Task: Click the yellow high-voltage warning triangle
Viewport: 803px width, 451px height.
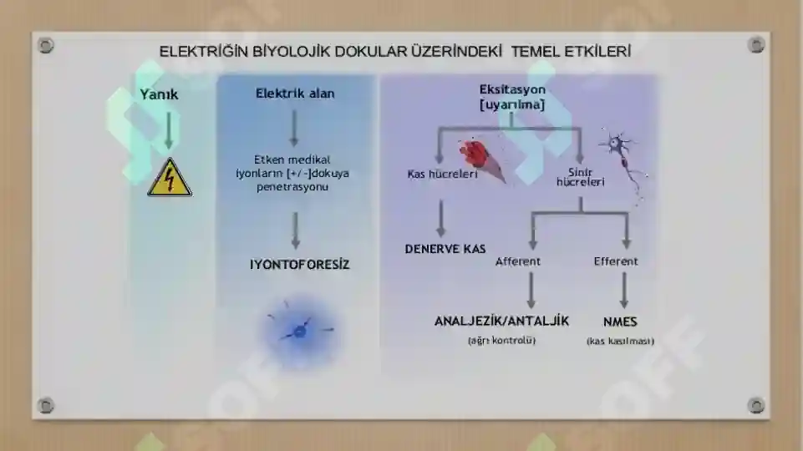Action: pyautogui.click(x=170, y=178)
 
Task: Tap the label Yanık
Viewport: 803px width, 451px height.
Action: pyautogui.click(x=160, y=94)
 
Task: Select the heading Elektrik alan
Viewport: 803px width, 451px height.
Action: pyautogui.click(x=295, y=94)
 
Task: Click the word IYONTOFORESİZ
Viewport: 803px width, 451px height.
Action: pyautogui.click(x=300, y=264)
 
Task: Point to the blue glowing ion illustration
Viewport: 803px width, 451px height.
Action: pyautogui.click(x=300, y=331)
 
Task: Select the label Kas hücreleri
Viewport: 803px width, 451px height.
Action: pyautogui.click(x=443, y=174)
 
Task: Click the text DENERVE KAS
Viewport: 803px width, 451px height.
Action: pyautogui.click(x=445, y=249)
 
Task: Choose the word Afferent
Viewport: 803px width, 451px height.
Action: pyautogui.click(x=518, y=261)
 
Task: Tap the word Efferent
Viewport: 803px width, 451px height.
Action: pyautogui.click(x=616, y=261)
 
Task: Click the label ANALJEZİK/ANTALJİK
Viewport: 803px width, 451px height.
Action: pyautogui.click(x=501, y=321)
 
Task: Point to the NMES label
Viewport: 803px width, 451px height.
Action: pyautogui.click(x=620, y=322)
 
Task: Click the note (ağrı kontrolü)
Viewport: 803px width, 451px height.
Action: pyautogui.click(x=501, y=341)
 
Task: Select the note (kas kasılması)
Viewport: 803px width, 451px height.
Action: pyautogui.click(x=620, y=341)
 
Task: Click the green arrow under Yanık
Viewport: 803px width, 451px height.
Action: pyautogui.click(x=169, y=130)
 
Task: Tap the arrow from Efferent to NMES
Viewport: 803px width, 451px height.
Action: pyautogui.click(x=624, y=291)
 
